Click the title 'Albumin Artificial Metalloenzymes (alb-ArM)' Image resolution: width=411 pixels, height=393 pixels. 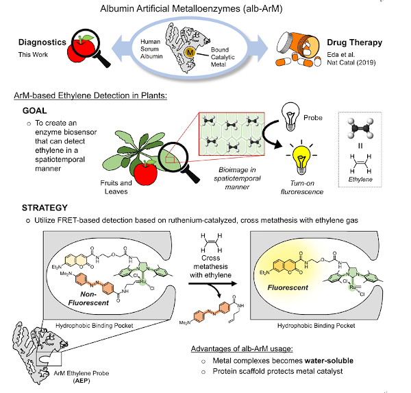[205, 9]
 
